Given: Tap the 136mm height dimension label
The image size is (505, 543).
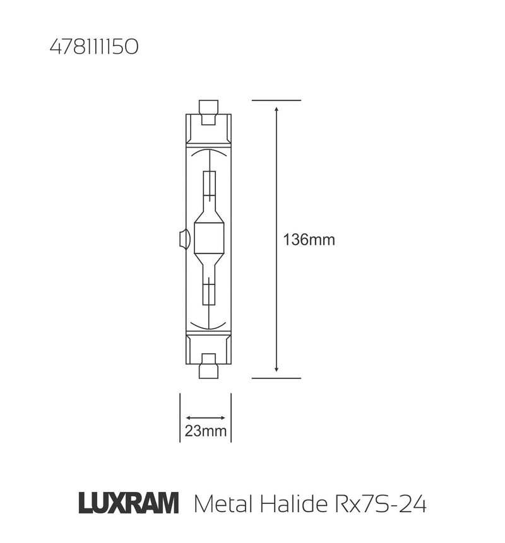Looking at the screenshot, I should pyautogui.click(x=309, y=240).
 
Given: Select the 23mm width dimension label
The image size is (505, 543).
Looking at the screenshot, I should pyautogui.click(x=206, y=431).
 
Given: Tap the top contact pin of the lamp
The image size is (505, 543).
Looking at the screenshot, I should pyautogui.click(x=208, y=107).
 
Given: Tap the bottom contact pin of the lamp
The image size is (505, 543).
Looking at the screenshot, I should pyautogui.click(x=208, y=370).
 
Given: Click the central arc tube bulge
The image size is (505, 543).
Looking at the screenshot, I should pyautogui.click(x=208, y=239).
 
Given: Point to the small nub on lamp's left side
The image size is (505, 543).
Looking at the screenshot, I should pyautogui.click(x=183, y=239).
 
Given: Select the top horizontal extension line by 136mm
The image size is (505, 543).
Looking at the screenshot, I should pyautogui.click(x=276, y=100).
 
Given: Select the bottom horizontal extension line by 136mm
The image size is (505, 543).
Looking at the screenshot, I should pyautogui.click(x=276, y=378).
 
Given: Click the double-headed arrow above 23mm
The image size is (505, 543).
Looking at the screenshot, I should pyautogui.click(x=206, y=417).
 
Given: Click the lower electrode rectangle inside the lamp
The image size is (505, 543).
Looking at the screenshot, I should pyautogui.click(x=209, y=295).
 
